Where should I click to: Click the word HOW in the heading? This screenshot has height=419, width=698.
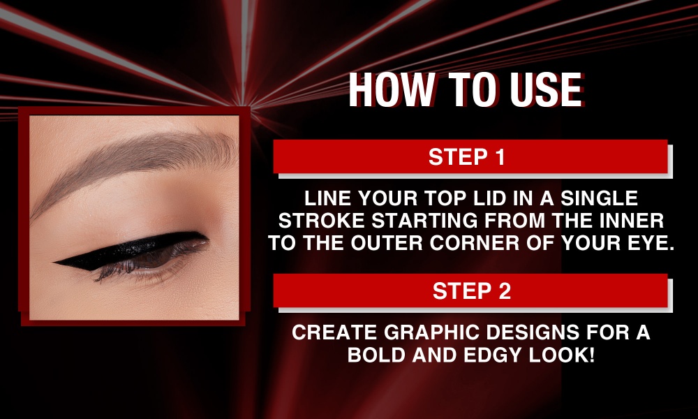391,89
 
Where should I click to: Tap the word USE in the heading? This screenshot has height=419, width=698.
547,89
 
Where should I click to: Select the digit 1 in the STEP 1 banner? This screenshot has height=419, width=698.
500,156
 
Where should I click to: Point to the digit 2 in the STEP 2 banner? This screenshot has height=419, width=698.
505,291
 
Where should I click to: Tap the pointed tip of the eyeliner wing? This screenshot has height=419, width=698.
54,263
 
